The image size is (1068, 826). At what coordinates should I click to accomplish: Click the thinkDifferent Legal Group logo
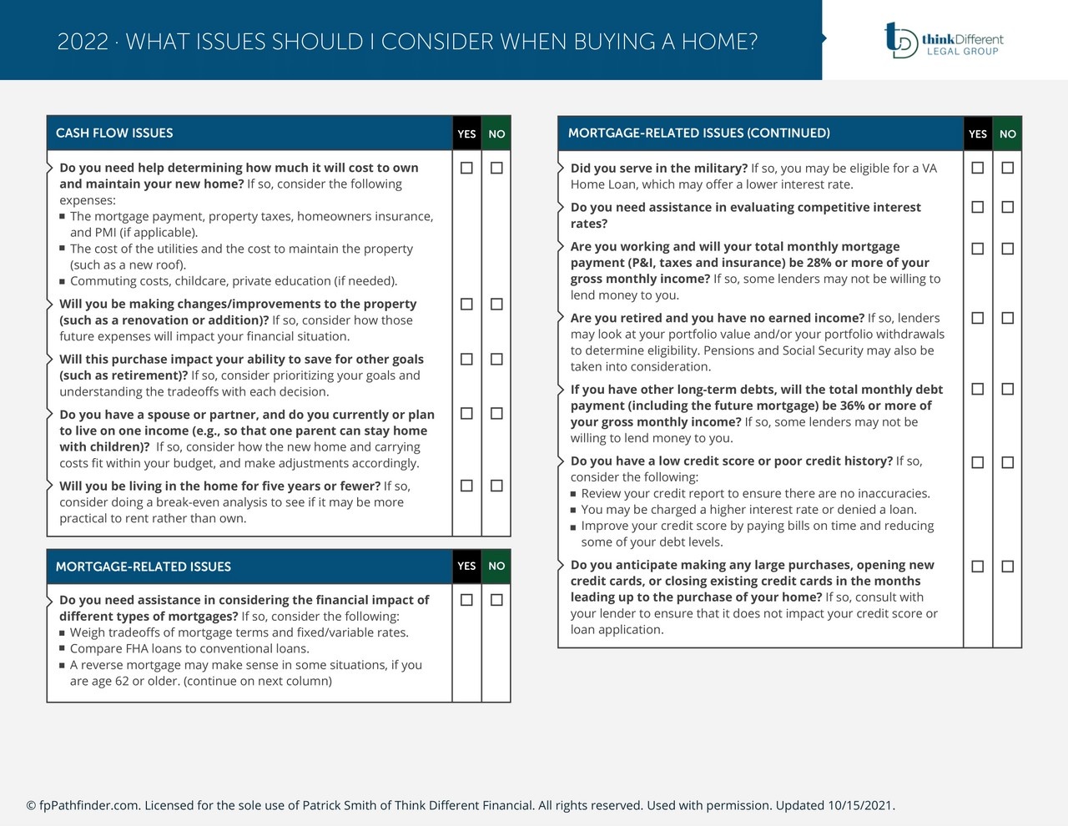[x=944, y=40]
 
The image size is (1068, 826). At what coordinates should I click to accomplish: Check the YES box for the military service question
[x=978, y=168]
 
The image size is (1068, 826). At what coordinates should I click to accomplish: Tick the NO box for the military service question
[x=1008, y=168]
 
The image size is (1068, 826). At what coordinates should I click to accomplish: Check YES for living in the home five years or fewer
[x=466, y=486]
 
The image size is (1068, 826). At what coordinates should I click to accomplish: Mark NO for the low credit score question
[x=1008, y=462]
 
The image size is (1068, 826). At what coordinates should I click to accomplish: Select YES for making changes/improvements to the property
[x=466, y=305]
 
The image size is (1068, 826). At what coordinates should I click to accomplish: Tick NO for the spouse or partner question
[x=496, y=414]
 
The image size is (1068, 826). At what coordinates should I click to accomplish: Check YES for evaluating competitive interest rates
[x=978, y=207]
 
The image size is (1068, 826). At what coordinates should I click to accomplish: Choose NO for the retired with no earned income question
[x=1008, y=318]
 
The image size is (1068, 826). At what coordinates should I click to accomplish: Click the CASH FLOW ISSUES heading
[x=114, y=133]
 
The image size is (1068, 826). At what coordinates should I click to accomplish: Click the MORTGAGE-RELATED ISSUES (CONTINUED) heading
[x=698, y=133]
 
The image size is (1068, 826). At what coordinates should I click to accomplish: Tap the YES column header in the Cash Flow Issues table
[x=466, y=133]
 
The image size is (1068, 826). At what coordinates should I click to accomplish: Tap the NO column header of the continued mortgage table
[x=1008, y=133]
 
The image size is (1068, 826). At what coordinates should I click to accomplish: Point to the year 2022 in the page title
[x=83, y=42]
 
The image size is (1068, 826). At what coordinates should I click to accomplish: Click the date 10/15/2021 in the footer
[x=860, y=806]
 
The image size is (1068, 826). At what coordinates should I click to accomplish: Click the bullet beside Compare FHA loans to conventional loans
[x=63, y=649]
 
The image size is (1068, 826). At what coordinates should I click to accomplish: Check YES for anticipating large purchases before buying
[x=978, y=567]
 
